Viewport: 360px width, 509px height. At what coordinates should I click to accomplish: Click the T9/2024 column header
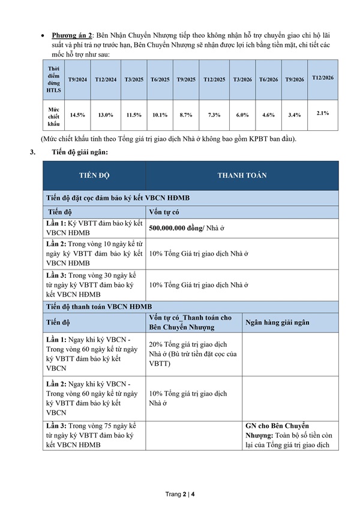point(78,80)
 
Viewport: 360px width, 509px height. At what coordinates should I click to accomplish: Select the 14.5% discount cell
point(78,114)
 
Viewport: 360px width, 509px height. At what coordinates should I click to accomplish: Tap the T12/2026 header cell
point(323,78)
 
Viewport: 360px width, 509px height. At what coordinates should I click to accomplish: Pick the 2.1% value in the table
point(323,112)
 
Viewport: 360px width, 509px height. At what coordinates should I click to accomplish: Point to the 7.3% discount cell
point(214,114)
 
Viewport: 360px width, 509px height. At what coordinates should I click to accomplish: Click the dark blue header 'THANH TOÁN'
point(242,175)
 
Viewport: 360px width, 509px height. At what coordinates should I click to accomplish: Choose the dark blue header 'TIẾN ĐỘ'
point(94,175)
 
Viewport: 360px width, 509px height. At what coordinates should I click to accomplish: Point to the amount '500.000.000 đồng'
point(175,228)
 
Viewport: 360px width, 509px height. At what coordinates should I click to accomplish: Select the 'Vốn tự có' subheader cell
point(164,211)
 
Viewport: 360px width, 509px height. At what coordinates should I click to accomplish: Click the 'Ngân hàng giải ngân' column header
point(277,322)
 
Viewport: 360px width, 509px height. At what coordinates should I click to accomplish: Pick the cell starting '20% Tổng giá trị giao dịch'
point(193,354)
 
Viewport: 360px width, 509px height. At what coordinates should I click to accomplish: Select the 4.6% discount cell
point(268,114)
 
